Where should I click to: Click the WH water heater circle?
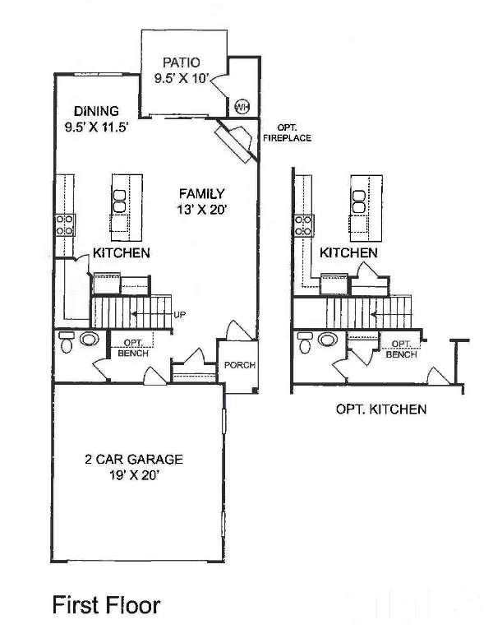[x=242, y=107]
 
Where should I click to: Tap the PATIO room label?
[x=181, y=62]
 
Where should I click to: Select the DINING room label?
[x=96, y=111]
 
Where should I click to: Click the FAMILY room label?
[x=202, y=194]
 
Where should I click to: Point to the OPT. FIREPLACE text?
[x=287, y=132]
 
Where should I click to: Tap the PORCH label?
[x=240, y=365]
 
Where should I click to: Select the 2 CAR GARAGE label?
[x=134, y=459]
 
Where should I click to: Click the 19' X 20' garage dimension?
[x=134, y=475]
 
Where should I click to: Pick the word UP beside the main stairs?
[x=180, y=315]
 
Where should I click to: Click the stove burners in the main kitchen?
[x=65, y=224]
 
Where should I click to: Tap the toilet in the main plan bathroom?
[x=66, y=342]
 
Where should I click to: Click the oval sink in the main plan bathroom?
[x=90, y=339]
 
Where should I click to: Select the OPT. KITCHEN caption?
[x=381, y=409]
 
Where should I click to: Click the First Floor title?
[x=107, y=605]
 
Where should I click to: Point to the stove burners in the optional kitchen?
[x=304, y=225]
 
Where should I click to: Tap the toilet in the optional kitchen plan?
[x=305, y=343]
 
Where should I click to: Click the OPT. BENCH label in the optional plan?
[x=401, y=349]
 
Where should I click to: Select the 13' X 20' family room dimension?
[x=202, y=210]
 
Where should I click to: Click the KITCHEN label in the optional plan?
[x=348, y=252]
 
